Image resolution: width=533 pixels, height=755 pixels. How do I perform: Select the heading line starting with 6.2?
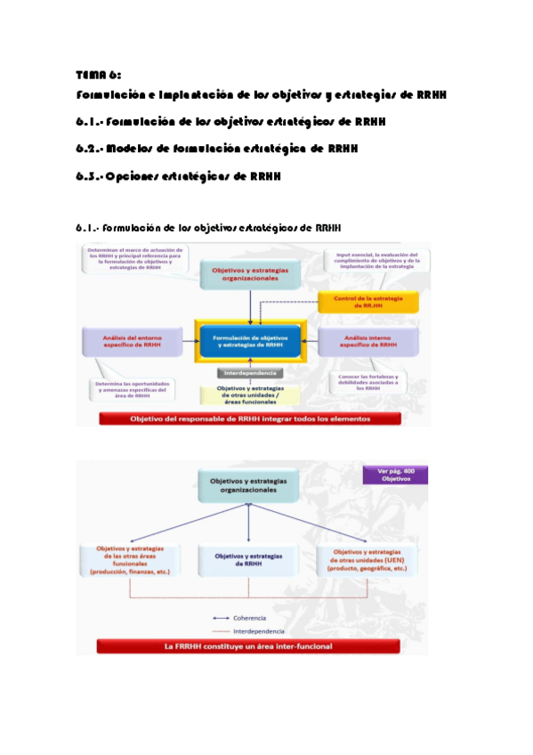click(x=216, y=149)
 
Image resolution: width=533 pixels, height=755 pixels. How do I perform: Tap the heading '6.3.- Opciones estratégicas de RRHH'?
click(x=178, y=176)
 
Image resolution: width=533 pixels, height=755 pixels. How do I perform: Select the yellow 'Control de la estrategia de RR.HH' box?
click(x=362, y=301)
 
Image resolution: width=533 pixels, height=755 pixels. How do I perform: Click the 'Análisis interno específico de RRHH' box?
click(x=370, y=341)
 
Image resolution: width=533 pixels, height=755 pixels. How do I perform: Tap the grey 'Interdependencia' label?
click(x=249, y=373)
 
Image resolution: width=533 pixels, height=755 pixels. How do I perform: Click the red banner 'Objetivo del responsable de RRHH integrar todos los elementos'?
click(x=249, y=418)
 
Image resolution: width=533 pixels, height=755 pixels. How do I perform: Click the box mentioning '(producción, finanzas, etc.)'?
click(x=130, y=560)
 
